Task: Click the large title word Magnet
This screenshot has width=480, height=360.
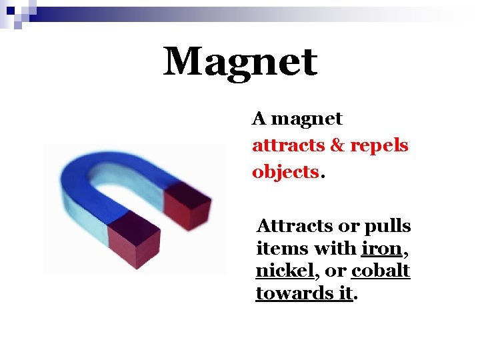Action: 240,62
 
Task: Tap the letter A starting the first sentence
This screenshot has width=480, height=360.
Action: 259,119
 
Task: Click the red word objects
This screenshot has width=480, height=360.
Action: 285,172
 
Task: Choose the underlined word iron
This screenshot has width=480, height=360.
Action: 381,249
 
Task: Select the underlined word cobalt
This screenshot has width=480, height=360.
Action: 381,271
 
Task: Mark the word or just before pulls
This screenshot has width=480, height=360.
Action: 350,227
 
